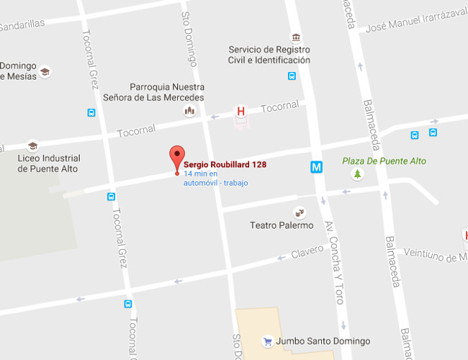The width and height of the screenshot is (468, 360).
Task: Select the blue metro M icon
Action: [x=316, y=167]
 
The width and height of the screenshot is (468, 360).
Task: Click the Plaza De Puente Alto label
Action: [x=384, y=161]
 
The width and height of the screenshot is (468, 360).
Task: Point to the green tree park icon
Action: [x=357, y=174]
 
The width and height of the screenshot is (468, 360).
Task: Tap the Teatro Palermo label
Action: [x=282, y=225]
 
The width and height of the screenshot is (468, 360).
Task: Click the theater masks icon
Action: [x=299, y=212]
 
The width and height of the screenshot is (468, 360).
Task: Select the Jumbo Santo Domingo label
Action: [x=317, y=341]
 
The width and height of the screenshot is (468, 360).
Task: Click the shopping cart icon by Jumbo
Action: [x=268, y=341]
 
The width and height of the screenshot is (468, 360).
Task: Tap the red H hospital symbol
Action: [x=241, y=112]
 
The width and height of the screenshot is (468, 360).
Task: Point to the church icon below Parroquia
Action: [x=189, y=110]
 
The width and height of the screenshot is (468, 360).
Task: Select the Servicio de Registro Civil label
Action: [x=269, y=55]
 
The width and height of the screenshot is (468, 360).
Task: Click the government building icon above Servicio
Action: [x=295, y=37]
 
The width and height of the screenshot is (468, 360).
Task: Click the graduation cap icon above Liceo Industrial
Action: [x=32, y=145]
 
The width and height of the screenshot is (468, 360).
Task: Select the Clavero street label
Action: [x=307, y=253]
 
